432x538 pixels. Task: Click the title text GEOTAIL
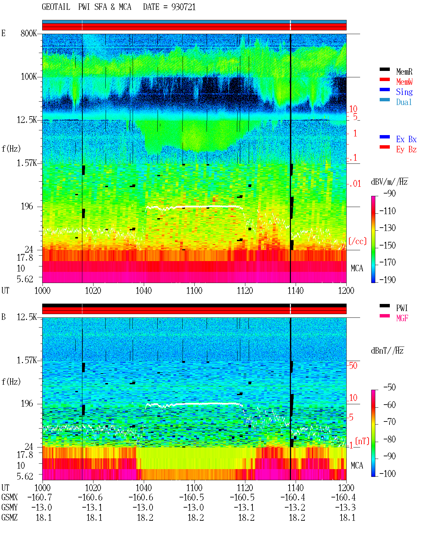56,7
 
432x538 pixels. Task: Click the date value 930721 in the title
183,7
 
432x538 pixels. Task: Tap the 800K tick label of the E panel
28,33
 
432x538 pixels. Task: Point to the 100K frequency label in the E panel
28,77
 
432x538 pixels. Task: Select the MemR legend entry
404,72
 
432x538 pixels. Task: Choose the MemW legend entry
404,82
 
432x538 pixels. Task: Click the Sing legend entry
404,92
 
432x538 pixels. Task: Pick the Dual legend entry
404,102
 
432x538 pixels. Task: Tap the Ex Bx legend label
406,139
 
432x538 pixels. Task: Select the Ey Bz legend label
406,150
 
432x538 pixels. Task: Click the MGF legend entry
402,318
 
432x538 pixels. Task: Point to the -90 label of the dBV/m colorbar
389,194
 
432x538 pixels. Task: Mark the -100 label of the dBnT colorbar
387,474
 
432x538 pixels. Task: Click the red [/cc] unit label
357,241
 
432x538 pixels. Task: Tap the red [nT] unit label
362,441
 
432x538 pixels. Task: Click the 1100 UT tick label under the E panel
194,291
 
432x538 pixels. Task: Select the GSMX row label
9,497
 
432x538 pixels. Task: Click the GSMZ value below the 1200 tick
347,518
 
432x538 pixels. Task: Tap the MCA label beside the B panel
357,465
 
